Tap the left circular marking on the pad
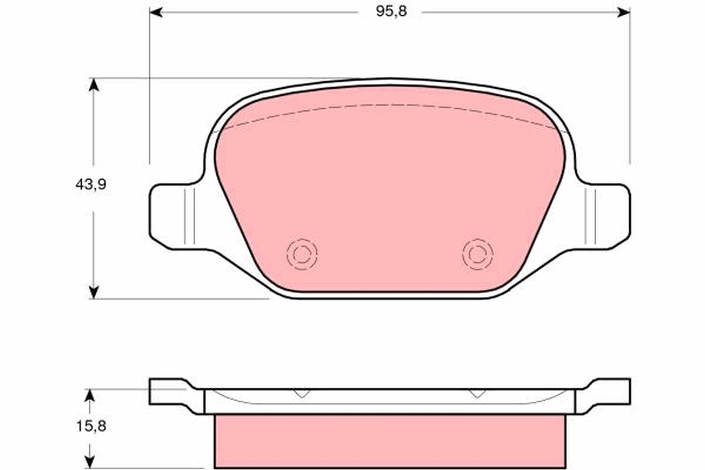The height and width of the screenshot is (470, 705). pyautogui.click(x=302, y=254)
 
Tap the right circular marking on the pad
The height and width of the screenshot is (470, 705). pyautogui.click(x=478, y=254)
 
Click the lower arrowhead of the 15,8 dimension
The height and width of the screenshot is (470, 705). pyautogui.click(x=89, y=463)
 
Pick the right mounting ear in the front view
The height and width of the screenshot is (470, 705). pyautogui.click(x=608, y=216)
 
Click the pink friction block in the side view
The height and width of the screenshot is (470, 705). pyautogui.click(x=390, y=441)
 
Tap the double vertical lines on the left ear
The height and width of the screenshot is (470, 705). pyautogui.click(x=189, y=216)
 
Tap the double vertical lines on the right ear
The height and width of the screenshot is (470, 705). pyautogui.click(x=590, y=216)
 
